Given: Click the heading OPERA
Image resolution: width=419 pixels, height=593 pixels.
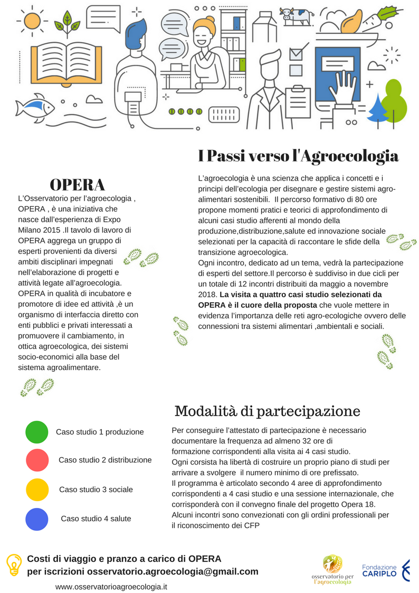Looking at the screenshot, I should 77,185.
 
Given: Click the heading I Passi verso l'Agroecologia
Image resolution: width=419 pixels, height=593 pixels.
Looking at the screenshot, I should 298,156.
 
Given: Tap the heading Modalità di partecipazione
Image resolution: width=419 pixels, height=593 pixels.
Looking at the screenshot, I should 267,411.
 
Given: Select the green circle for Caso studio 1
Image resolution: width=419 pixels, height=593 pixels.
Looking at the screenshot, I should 37,432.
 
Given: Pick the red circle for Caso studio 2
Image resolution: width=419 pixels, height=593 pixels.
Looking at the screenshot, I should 37,460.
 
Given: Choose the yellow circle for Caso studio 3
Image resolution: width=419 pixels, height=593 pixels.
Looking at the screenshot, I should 37,490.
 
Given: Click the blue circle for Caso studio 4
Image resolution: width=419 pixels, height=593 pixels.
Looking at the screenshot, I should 37,519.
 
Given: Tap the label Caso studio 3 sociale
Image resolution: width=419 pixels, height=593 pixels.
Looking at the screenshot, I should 96,490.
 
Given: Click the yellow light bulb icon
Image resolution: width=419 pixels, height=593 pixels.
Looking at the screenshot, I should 13,564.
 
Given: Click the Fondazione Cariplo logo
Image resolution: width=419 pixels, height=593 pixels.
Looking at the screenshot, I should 385,570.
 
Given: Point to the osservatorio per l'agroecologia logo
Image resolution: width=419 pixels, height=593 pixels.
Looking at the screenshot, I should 332,569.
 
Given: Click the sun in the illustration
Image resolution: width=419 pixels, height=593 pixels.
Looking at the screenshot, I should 32,20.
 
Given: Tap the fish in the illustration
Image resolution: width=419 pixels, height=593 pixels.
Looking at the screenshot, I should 35,108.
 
